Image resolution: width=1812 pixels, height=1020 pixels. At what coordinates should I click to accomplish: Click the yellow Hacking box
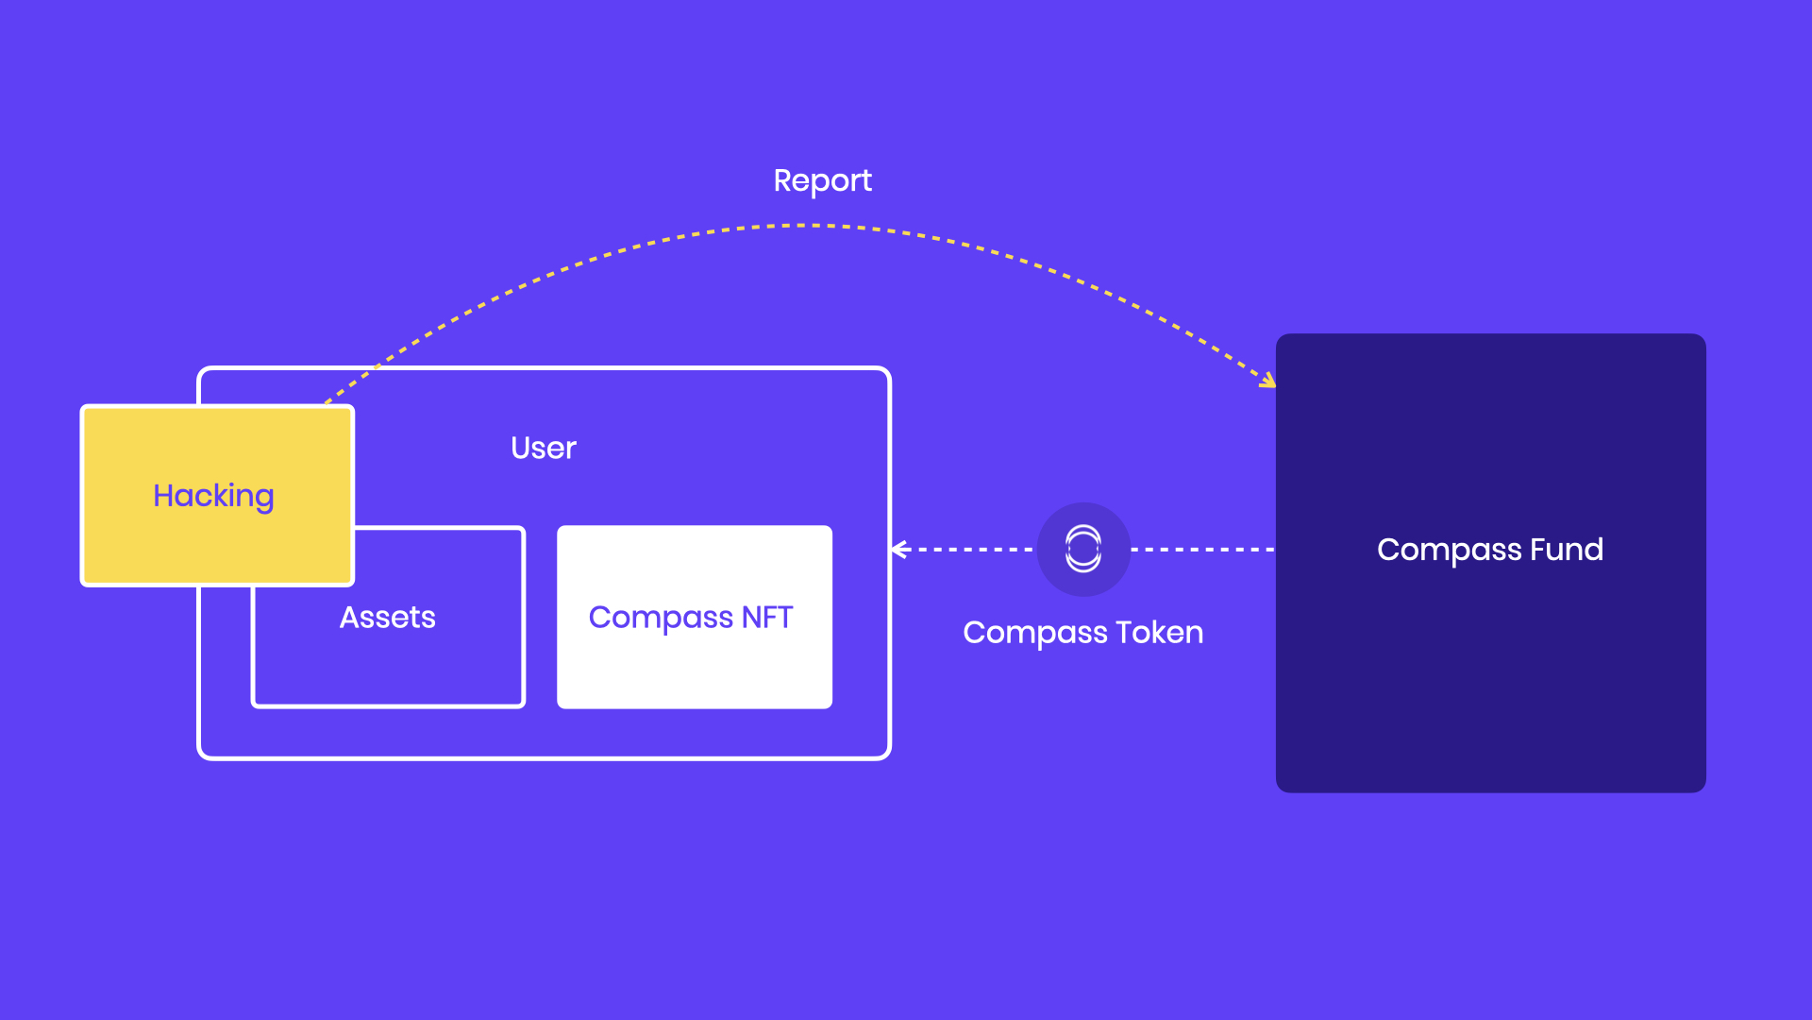tap(217, 496)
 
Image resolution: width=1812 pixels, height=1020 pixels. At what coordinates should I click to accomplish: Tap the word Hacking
tap(213, 497)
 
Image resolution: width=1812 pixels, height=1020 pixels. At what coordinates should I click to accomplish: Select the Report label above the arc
tap(822, 180)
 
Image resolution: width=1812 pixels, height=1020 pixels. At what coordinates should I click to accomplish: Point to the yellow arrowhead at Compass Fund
tap(1268, 380)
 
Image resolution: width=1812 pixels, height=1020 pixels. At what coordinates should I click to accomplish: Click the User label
tap(543, 448)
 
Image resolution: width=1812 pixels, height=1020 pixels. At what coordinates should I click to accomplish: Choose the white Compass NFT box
tap(695, 617)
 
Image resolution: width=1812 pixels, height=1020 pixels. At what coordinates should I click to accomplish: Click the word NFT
tap(767, 617)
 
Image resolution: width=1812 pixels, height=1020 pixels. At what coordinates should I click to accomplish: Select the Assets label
tap(387, 618)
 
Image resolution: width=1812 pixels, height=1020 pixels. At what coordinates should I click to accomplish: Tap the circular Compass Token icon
tap(1083, 549)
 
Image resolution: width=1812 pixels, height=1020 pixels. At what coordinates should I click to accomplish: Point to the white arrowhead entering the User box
tap(899, 550)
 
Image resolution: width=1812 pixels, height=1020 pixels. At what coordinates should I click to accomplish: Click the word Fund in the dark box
tap(1567, 550)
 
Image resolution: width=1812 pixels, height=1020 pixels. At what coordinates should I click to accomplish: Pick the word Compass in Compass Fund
tap(1450, 551)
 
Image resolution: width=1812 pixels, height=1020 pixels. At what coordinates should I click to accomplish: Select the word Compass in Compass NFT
tap(661, 619)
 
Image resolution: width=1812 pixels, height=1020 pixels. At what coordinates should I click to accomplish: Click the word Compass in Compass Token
tap(1035, 634)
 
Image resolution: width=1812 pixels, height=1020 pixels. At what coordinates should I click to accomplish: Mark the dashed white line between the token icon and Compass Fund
tap(1203, 549)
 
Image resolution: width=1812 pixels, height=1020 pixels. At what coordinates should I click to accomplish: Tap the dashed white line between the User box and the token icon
tap(964, 549)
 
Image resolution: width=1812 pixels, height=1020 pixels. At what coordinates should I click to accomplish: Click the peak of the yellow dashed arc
tap(797, 226)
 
